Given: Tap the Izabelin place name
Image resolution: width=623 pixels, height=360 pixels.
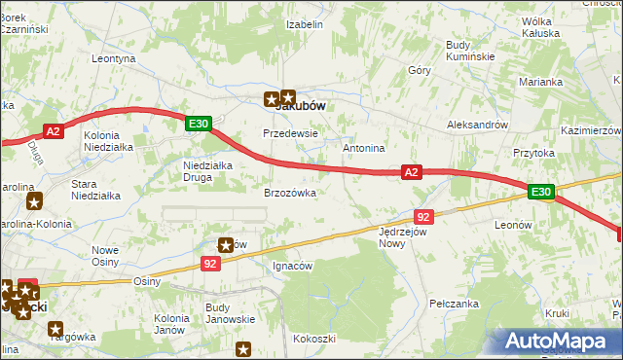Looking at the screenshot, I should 303,24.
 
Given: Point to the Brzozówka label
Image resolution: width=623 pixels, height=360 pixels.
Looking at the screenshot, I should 290,193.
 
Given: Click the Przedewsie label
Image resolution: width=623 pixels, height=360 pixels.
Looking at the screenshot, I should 290,132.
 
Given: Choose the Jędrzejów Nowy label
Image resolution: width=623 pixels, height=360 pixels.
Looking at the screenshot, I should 404,238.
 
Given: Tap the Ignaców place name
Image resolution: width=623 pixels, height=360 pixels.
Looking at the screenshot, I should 292,266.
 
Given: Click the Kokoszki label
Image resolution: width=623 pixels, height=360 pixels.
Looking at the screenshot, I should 314,339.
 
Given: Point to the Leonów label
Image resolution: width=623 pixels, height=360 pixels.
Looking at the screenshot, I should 513,224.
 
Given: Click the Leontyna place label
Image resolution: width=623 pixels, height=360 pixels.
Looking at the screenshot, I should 113,58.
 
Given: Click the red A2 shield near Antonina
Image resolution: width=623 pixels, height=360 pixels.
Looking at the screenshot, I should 412,172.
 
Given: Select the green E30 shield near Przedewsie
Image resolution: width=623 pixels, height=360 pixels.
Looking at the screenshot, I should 198,124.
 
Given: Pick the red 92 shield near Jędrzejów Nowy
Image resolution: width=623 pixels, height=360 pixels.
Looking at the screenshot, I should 422,216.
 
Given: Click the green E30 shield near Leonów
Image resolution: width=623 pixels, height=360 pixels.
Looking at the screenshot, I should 542,193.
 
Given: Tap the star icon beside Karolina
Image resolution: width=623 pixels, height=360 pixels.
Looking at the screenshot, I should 35,202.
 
